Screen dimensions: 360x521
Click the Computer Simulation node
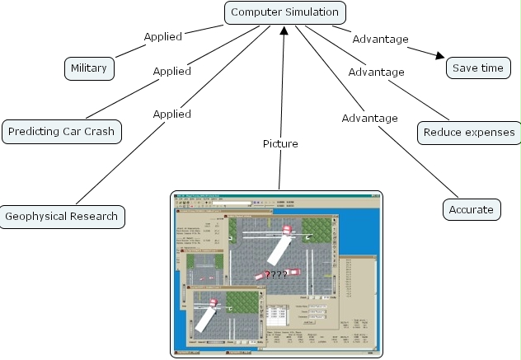(284, 12)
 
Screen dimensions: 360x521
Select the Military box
(89, 68)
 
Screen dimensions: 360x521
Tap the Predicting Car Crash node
(62, 131)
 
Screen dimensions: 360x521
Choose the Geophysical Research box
(62, 217)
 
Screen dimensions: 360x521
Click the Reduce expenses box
(468, 132)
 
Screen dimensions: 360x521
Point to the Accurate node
(471, 209)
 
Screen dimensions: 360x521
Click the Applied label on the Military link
(162, 36)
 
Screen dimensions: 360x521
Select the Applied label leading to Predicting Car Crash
(171, 71)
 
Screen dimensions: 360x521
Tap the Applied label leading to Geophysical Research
(171, 114)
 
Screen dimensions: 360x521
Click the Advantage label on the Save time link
(380, 39)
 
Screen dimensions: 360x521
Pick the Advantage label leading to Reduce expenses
(376, 72)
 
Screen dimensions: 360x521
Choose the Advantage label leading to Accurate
(369, 118)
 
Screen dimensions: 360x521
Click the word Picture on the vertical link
(280, 143)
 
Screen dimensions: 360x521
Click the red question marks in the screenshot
(275, 274)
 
